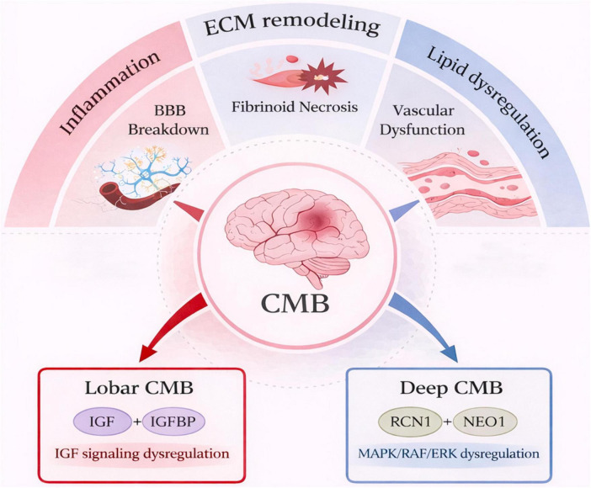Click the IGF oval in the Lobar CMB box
point(101,421)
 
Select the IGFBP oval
point(173,421)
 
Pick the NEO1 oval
point(486,422)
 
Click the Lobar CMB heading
point(139,388)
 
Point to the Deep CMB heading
point(451,388)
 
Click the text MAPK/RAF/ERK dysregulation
point(449,453)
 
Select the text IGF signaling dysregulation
point(141,453)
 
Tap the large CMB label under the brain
point(295,303)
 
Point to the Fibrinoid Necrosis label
point(295,107)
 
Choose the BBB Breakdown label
point(168,120)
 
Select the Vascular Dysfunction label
point(422,120)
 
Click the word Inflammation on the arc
point(110,93)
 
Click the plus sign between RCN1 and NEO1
point(447,422)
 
